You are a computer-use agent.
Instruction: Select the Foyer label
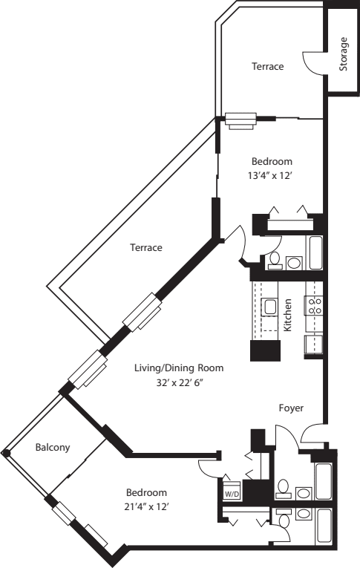(290, 408)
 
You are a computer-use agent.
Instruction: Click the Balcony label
(53, 447)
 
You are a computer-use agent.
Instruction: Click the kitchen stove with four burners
(314, 306)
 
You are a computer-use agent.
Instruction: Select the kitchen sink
(269, 307)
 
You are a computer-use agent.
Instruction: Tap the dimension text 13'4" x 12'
(272, 175)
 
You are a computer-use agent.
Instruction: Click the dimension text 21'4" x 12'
(146, 506)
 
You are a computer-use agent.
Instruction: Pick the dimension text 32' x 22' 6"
(178, 382)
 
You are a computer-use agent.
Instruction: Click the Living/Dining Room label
(179, 368)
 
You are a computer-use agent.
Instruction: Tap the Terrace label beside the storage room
(267, 66)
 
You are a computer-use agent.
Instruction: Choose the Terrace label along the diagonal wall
(145, 247)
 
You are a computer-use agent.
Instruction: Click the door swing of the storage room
(313, 61)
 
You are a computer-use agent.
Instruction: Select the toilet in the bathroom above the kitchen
(274, 260)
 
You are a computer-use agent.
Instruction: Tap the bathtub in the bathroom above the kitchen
(315, 252)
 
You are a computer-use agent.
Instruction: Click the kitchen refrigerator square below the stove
(314, 345)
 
